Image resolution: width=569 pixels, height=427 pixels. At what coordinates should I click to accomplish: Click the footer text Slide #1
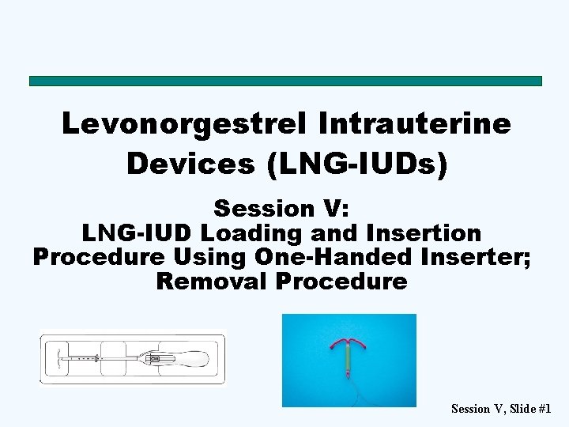530,409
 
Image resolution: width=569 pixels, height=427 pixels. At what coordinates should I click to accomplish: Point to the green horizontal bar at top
285,81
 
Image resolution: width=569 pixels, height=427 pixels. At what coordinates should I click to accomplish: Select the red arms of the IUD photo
349,346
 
